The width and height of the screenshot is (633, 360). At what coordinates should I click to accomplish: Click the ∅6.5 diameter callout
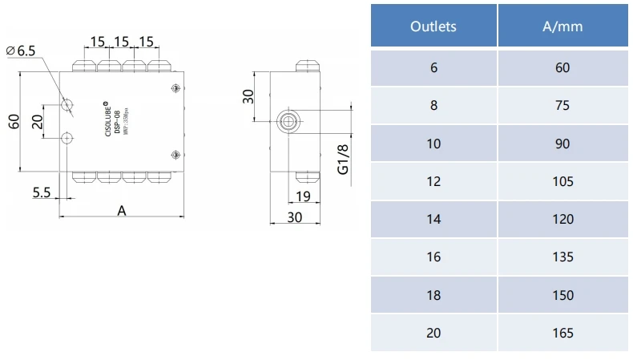coord(22,51)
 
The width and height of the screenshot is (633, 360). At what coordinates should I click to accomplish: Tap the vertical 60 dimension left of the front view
coord(13,121)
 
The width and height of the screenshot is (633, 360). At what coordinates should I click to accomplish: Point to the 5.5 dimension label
coord(42,193)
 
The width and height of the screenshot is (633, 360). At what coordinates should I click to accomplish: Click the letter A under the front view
coord(122,211)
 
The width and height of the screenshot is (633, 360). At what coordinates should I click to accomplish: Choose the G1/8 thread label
coord(342,160)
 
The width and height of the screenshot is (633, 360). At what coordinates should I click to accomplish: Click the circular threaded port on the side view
coord(287,122)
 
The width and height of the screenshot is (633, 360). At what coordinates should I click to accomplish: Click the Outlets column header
coord(433,26)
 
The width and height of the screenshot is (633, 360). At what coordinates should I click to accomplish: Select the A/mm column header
coord(562,26)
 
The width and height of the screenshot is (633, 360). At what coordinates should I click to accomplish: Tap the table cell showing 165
coord(562,333)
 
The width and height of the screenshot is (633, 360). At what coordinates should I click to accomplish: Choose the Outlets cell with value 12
coord(433,181)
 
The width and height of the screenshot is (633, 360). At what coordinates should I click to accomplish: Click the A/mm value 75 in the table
coord(562,105)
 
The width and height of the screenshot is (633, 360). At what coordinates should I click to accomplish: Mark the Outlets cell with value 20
coord(433,333)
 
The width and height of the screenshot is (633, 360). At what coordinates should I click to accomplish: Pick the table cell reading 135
coord(562,257)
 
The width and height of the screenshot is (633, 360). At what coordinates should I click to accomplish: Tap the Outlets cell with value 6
coord(433,67)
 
